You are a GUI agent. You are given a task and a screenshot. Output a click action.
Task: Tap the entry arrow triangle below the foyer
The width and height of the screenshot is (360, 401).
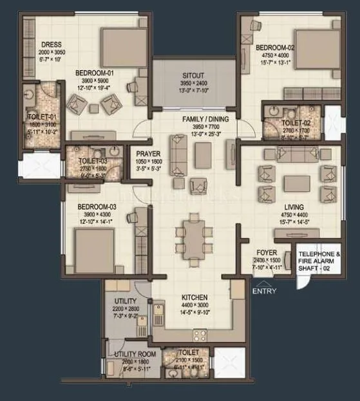coord(261,283)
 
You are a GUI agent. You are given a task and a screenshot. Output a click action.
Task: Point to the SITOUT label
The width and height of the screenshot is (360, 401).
coord(194,75)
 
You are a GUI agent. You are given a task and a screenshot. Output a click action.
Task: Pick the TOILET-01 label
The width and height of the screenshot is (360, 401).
coord(41,117)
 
